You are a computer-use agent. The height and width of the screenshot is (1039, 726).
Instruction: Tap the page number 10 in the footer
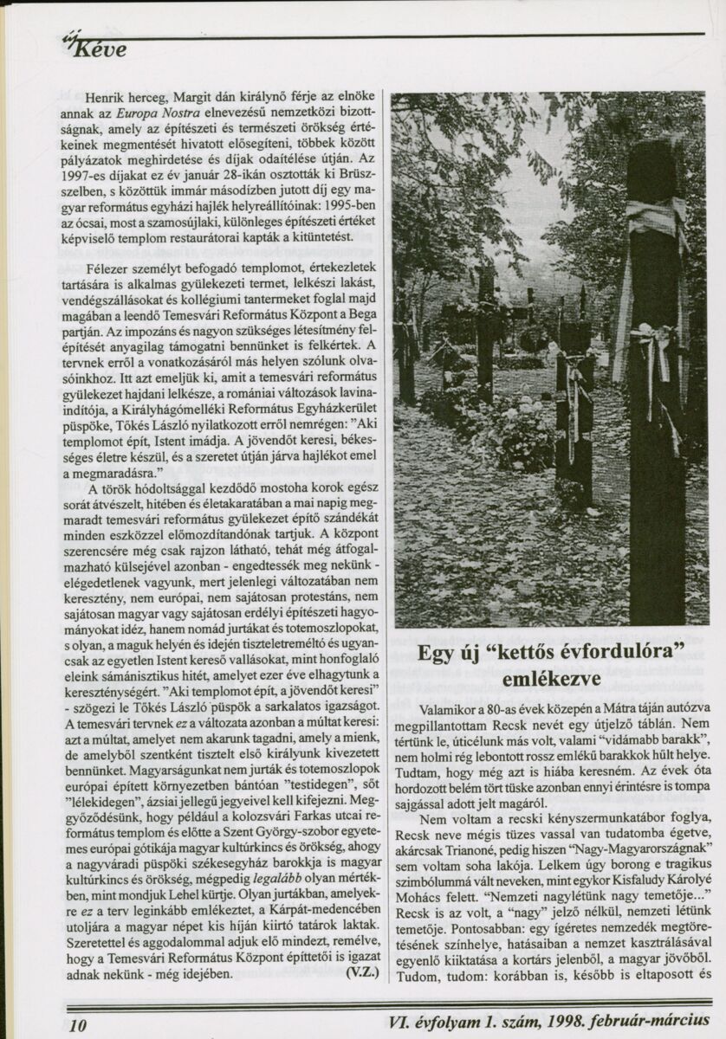pos(79,1026)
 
